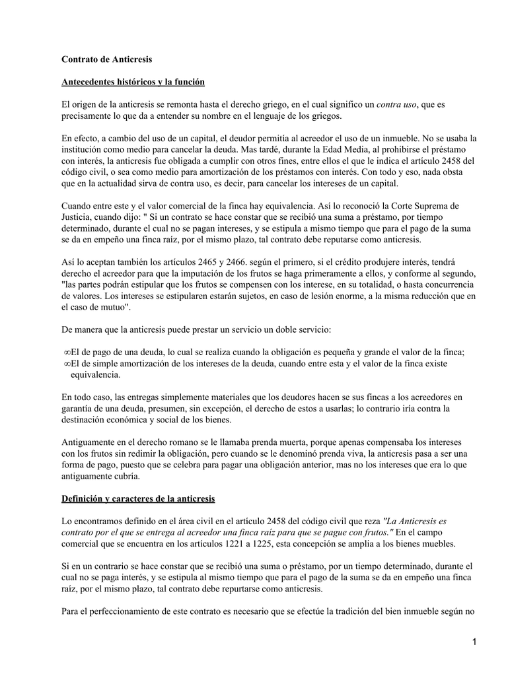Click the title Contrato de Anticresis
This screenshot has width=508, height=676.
106,59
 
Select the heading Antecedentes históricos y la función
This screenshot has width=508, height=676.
133,82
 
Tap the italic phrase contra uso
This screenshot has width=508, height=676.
397,104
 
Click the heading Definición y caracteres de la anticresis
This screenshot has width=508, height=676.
138,498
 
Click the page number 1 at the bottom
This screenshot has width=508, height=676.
474,642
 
